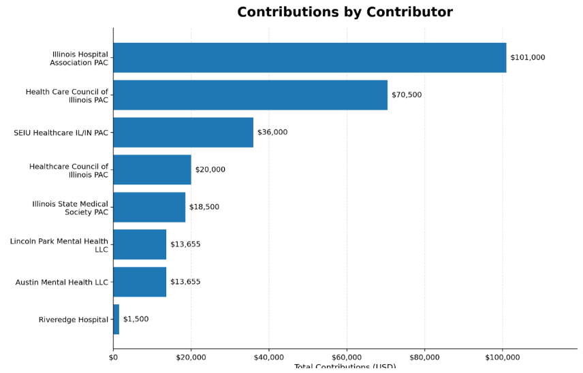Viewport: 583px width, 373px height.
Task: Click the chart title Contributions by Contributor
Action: [345, 12]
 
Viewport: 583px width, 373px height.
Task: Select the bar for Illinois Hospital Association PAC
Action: [309, 58]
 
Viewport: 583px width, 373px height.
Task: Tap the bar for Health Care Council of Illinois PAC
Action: [250, 95]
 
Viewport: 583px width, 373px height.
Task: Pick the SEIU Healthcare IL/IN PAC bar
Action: [183, 133]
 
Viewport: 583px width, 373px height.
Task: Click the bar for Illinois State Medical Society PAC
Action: [149, 207]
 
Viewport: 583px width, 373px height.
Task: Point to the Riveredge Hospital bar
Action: [116, 319]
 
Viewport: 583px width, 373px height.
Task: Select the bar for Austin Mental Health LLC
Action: [140, 282]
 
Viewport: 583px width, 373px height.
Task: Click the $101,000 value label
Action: [527, 58]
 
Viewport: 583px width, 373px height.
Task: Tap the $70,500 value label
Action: [407, 95]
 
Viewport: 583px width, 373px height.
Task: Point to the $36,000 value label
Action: [272, 133]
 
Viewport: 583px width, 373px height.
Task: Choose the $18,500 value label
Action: [204, 207]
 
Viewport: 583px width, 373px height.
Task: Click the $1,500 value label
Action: [136, 319]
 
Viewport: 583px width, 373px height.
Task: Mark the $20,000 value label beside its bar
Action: [210, 170]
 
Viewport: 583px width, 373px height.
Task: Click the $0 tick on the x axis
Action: [113, 357]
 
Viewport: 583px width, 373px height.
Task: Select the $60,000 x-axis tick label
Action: [347, 357]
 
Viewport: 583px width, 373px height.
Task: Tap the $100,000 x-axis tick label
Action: [503, 357]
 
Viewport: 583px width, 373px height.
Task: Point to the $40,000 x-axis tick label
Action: [269, 357]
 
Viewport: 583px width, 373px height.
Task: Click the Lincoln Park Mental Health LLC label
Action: [59, 245]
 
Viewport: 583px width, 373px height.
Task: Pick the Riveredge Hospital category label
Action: [74, 320]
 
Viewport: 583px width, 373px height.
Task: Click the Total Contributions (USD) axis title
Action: [345, 368]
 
